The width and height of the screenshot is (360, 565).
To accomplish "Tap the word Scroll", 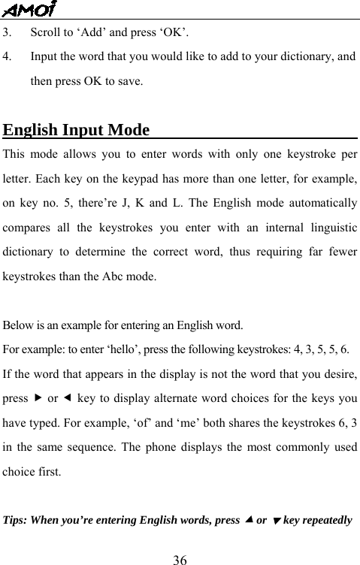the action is pos(44,33).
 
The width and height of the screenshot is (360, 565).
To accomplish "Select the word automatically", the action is pos(313,204).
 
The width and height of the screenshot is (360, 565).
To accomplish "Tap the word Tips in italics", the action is pos(17,521).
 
